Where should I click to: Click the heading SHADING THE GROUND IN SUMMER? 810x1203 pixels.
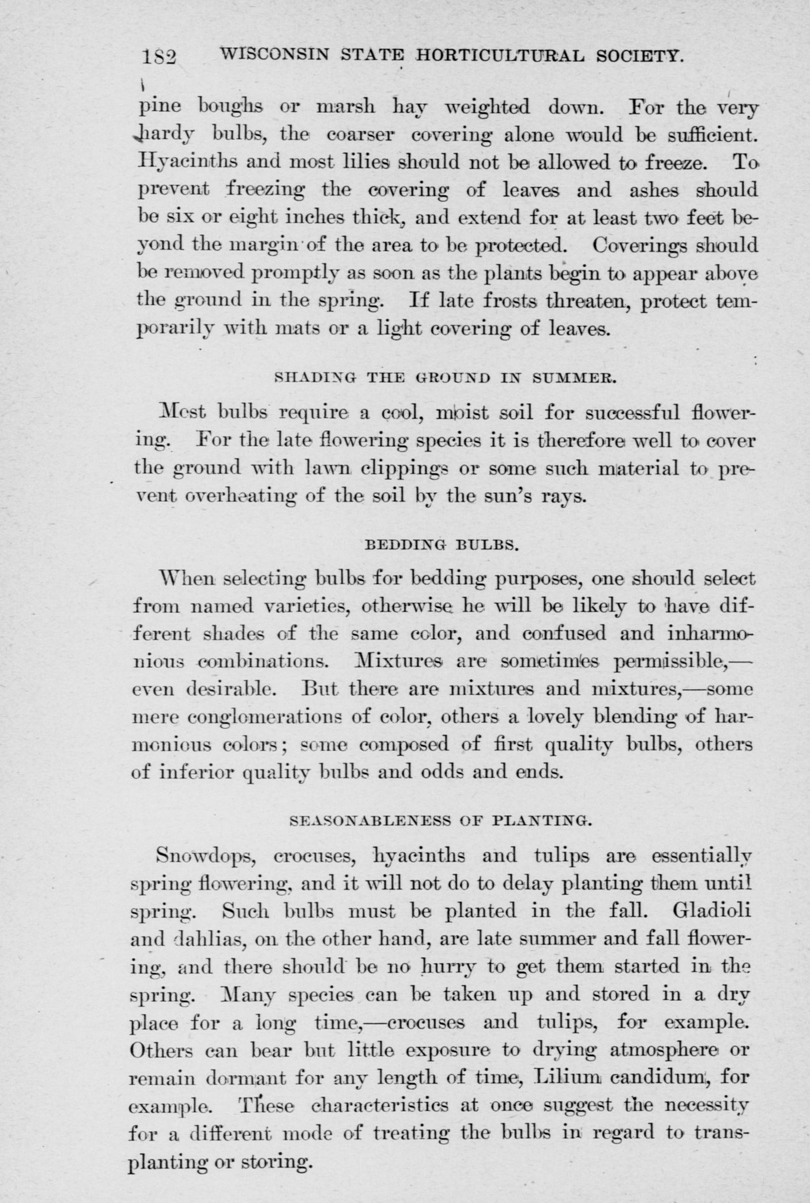445,377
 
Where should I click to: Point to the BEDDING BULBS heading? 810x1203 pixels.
442,544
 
